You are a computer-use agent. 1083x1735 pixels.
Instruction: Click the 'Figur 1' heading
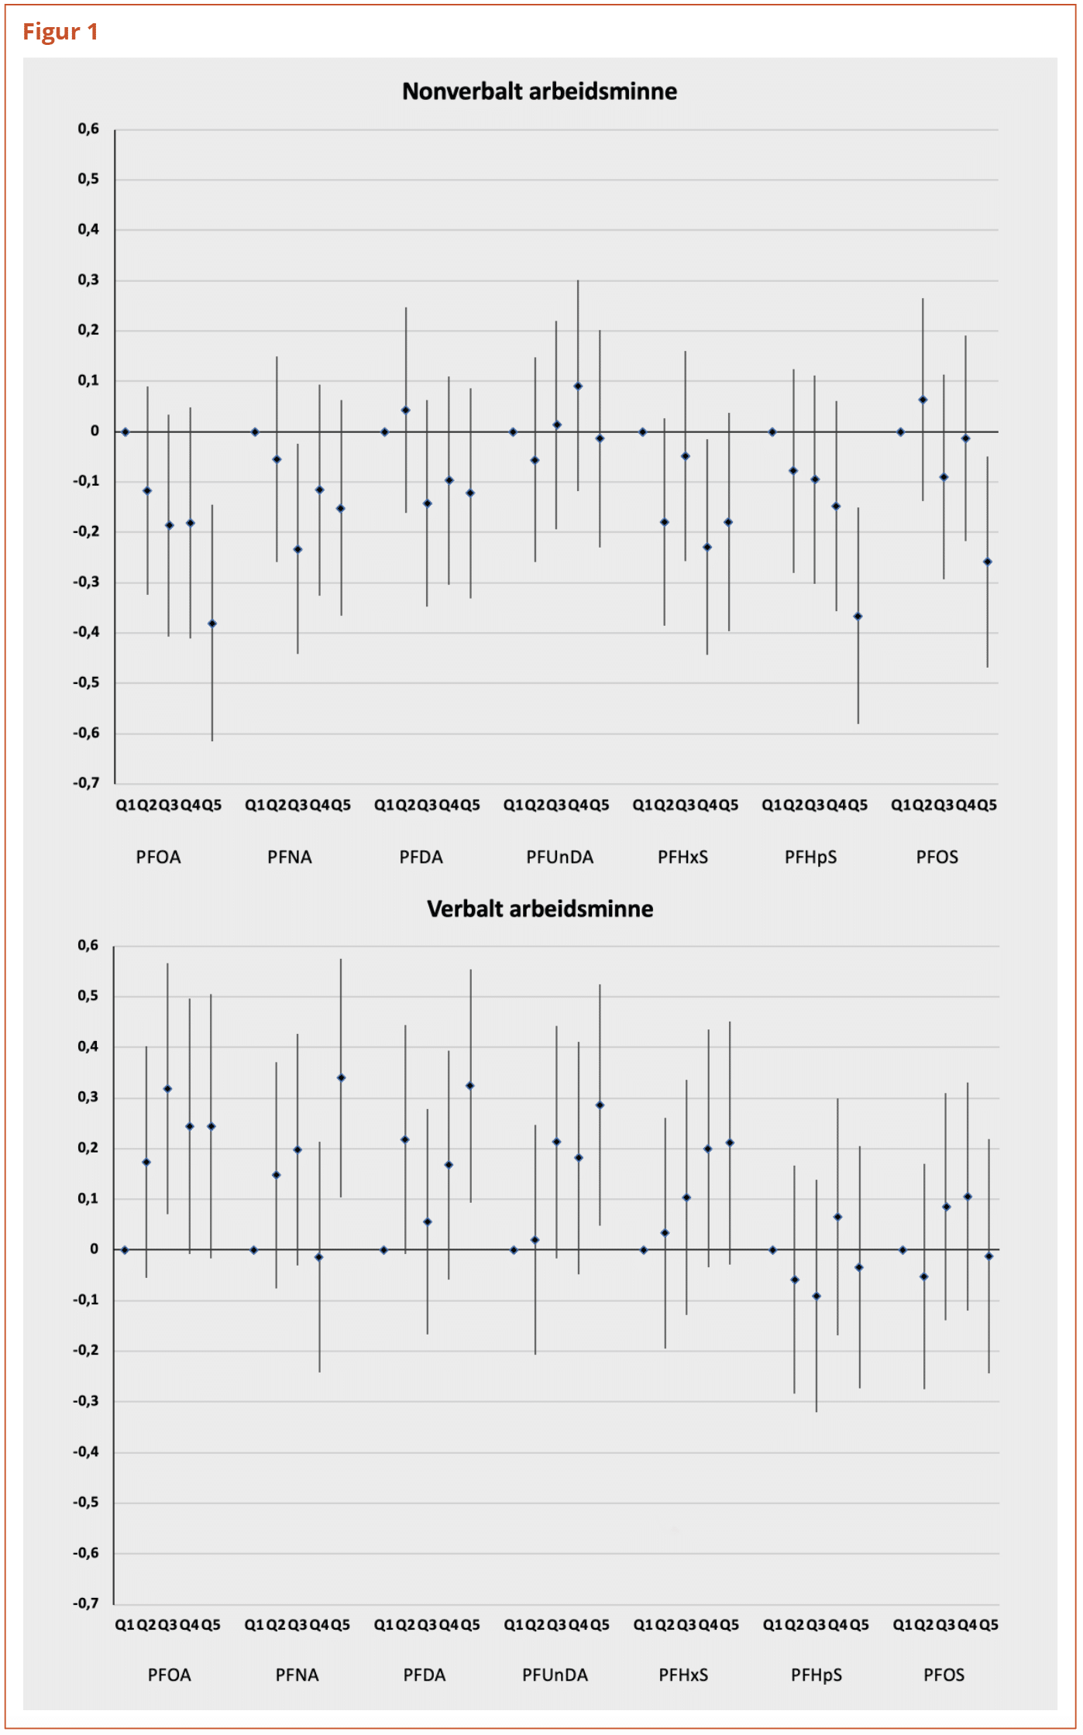point(60,32)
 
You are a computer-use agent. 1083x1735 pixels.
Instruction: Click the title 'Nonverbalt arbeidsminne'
point(539,91)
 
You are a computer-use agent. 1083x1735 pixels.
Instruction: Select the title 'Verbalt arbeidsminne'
point(539,909)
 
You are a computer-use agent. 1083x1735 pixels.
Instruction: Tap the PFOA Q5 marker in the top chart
point(212,624)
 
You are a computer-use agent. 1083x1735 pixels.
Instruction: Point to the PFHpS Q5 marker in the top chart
point(858,617)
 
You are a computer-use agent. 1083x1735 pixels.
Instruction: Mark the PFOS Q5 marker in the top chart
point(987,562)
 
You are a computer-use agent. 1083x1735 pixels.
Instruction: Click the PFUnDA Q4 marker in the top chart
point(578,386)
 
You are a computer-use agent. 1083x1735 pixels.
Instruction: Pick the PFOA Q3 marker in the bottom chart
point(168,1089)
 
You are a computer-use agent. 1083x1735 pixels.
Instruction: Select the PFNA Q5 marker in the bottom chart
point(341,1077)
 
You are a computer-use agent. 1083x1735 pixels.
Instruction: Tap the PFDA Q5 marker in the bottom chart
point(470,1086)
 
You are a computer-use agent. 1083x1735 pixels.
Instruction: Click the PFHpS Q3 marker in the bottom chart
point(816,1296)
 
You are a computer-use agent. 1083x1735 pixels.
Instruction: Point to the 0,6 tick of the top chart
point(88,129)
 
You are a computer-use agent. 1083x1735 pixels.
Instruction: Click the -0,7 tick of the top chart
point(87,783)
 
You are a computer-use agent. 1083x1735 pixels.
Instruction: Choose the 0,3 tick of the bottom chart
point(88,1097)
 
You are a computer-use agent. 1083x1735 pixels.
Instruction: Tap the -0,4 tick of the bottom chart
point(87,1452)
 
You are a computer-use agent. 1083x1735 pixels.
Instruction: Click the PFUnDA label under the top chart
point(559,857)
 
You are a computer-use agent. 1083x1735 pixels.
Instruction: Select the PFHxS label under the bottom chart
point(683,1675)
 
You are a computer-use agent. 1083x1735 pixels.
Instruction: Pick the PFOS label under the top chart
point(937,857)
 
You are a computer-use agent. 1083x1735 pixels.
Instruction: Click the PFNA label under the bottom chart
point(297,1675)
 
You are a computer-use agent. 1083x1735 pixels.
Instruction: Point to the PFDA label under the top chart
point(421,857)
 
